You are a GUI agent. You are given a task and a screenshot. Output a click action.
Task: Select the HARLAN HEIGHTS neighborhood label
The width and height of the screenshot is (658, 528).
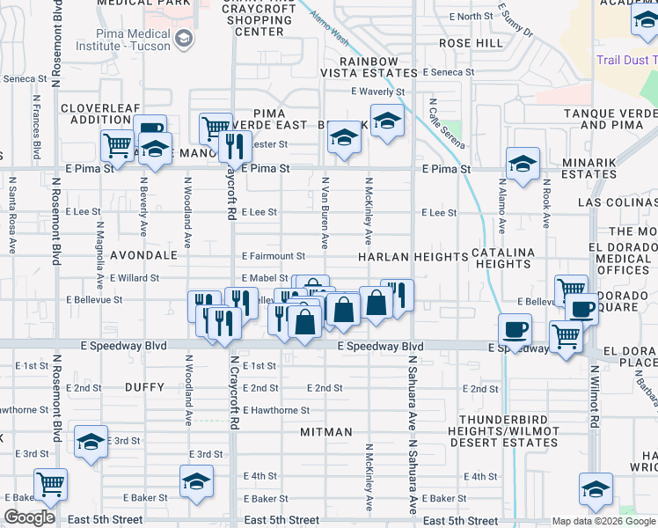pos(412,257)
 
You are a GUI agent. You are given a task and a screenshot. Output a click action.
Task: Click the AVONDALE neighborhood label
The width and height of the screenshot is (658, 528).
pos(143,255)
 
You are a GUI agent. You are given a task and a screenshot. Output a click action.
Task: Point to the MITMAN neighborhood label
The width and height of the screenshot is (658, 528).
pos(325,432)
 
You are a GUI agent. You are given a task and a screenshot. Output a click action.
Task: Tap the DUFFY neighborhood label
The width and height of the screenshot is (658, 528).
pos(145,386)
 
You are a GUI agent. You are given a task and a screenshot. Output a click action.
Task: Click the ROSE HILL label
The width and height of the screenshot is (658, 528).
pos(471,42)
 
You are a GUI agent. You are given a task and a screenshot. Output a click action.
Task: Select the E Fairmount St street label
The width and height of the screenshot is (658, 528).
pos(274,256)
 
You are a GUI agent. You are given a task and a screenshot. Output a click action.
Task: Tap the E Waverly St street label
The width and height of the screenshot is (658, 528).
pos(377,92)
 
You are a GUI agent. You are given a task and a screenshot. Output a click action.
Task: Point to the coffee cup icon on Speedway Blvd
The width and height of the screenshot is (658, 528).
pos(515,330)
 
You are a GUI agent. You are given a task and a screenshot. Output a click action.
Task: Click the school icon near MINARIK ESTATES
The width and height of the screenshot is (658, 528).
pos(523,163)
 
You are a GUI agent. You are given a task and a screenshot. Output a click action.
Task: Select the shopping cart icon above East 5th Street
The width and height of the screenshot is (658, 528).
pos(50,483)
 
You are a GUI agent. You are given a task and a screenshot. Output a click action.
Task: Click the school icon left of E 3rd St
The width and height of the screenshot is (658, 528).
pos(91,441)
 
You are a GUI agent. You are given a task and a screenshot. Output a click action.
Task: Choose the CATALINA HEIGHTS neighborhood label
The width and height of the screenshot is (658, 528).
pos(501,257)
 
